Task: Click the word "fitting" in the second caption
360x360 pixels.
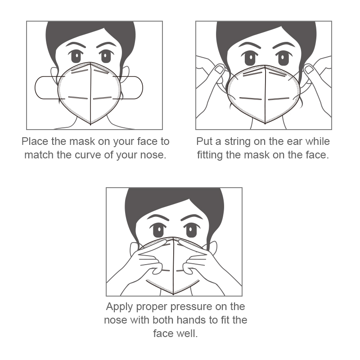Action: (210, 155)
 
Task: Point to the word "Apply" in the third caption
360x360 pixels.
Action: (119, 307)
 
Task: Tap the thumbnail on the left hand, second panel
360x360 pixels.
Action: (220, 69)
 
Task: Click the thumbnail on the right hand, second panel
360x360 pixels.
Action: (309, 69)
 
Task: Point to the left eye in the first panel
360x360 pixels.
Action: (76, 57)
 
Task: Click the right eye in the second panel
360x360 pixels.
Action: (283, 58)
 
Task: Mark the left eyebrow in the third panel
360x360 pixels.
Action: (157, 217)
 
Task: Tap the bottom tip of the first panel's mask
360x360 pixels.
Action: (90, 125)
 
